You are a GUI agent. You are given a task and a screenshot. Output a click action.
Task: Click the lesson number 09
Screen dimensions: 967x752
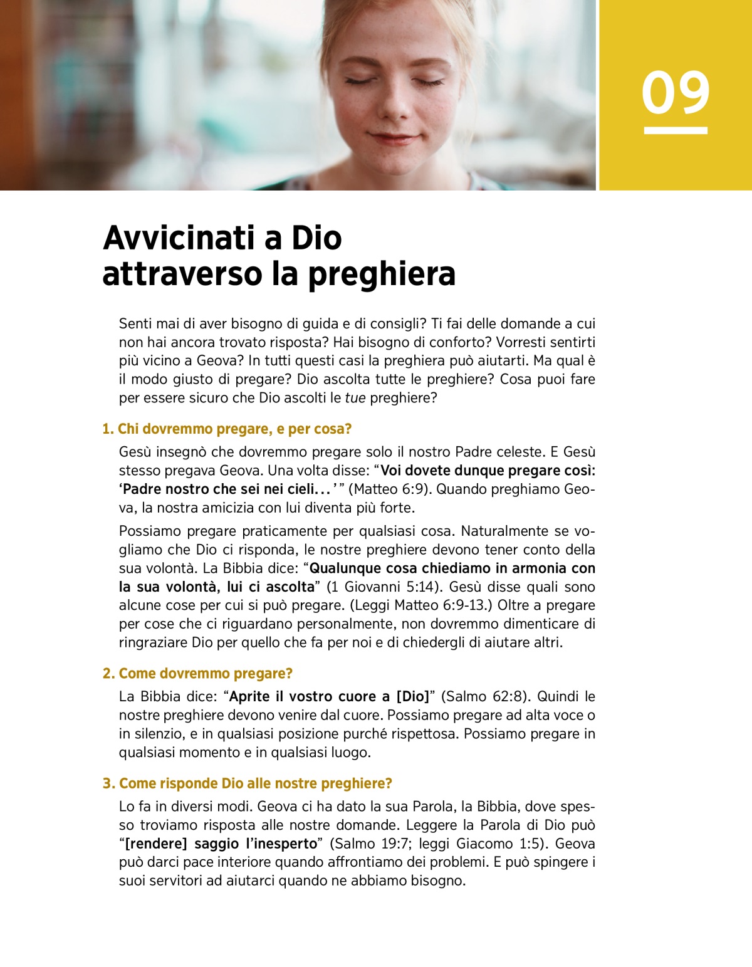pos(675,93)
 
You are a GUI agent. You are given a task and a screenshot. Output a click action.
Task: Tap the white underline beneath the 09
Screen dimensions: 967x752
pos(676,130)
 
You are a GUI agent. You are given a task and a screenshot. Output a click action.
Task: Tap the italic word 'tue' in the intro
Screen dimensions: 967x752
pos(355,398)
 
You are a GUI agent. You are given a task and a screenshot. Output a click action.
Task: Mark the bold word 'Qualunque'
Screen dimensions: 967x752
pos(345,569)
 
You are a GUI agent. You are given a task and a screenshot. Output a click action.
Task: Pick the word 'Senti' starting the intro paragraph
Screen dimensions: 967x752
pos(136,324)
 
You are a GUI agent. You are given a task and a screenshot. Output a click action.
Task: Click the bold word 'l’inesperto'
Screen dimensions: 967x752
pos(281,844)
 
